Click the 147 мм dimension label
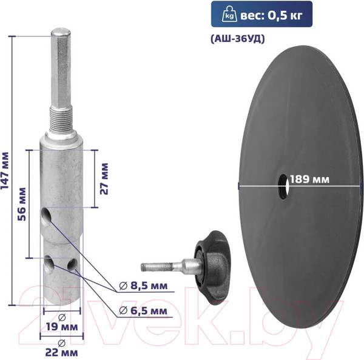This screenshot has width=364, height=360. (5, 171)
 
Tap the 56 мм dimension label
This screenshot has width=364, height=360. (22, 204)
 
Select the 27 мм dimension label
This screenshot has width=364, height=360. (104, 179)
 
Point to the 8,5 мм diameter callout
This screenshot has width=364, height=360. (143, 285)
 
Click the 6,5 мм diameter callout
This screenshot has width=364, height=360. (143, 310)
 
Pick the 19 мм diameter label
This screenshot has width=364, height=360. (62, 323)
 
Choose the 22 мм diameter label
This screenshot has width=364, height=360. (61, 348)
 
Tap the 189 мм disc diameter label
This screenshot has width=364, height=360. (309, 179)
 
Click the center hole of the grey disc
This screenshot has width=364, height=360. (284, 187)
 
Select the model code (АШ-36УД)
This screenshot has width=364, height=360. (237, 39)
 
